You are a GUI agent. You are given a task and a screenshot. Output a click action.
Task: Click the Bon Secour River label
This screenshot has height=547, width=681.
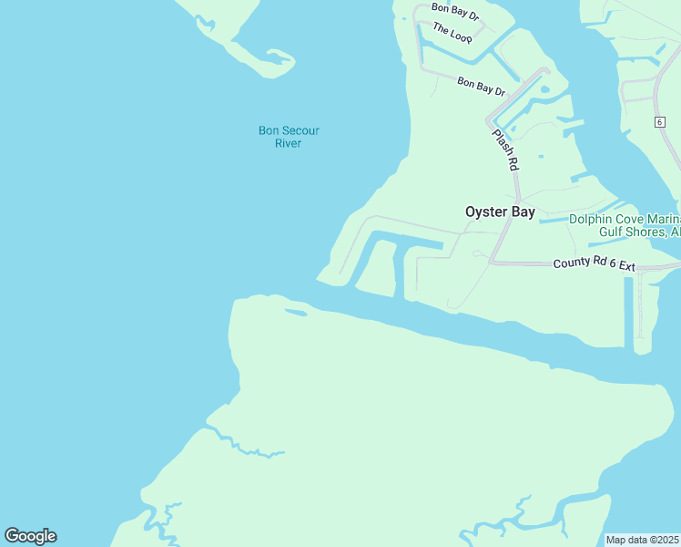[x=289, y=137]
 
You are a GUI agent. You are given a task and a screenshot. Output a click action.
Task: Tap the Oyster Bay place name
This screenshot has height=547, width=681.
[x=500, y=212]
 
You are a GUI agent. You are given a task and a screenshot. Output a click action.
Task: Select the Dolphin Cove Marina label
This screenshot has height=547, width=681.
[x=625, y=219]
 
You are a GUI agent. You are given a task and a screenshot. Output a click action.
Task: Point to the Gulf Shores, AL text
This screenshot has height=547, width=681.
[x=638, y=232]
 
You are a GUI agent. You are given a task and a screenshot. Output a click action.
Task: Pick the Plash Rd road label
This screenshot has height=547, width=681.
[x=505, y=150]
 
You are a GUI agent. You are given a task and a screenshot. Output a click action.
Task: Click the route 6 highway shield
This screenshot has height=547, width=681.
[x=659, y=121]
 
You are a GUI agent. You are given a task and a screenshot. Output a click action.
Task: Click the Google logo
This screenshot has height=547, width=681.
[x=30, y=536]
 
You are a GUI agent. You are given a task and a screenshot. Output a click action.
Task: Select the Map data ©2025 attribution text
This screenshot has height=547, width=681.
[x=643, y=539]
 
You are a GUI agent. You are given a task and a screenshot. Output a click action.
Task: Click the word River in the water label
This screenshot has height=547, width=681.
[x=288, y=143]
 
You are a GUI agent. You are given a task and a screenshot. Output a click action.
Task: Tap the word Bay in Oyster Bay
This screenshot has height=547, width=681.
[x=523, y=212]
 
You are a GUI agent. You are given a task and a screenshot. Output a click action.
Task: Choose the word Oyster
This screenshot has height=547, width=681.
[x=487, y=212]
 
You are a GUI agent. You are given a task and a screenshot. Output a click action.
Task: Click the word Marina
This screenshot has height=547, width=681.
[x=661, y=219]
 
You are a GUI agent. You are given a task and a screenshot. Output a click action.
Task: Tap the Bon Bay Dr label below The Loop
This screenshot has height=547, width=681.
[x=481, y=86]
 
